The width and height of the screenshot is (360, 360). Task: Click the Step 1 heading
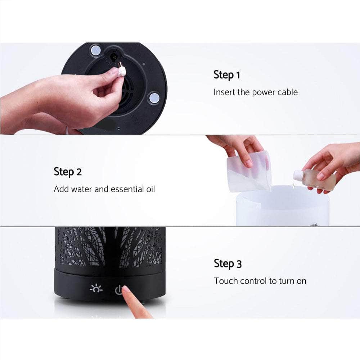click(226, 75)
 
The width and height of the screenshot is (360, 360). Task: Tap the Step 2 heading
click(68, 172)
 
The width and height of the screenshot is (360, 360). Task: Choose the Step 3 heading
click(228, 264)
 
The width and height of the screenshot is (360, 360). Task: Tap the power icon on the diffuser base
click(118, 290)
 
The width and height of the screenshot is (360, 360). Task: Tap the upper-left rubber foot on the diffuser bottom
click(96, 50)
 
